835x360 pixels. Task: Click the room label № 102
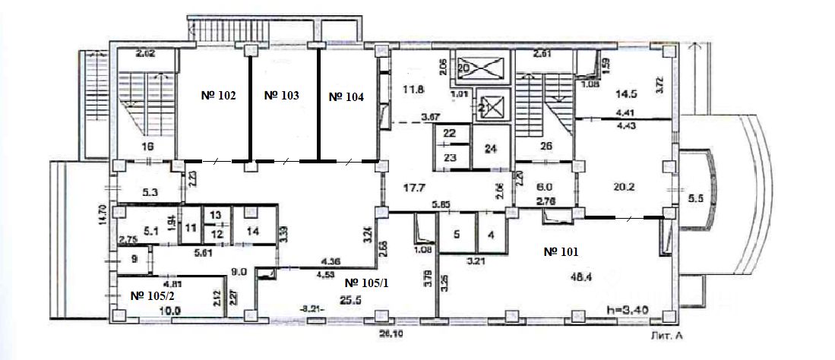(x=218, y=96)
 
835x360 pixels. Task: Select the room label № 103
(x=281, y=96)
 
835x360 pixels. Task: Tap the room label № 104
(x=346, y=97)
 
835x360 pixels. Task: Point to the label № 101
(x=563, y=251)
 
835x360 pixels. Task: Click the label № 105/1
(x=367, y=283)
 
